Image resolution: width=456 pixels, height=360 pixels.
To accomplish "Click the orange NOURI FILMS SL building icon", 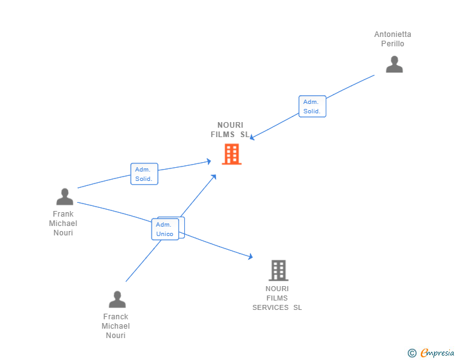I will click(x=231, y=154).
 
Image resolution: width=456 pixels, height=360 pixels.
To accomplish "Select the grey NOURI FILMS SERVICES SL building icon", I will click(x=278, y=270).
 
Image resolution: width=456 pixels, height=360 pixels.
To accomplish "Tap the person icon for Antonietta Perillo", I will click(x=394, y=64).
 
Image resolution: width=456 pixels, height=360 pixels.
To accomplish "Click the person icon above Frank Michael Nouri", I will click(x=65, y=197).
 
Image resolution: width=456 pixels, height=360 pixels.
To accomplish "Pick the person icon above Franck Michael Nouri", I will click(x=117, y=299).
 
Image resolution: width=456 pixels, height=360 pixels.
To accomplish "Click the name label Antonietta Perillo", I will click(x=393, y=39).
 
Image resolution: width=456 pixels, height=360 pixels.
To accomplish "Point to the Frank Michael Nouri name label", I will click(x=63, y=224).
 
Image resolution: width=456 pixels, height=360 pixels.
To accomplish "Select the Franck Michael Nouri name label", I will click(x=116, y=326).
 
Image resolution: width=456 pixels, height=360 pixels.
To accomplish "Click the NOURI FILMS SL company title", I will click(x=230, y=130).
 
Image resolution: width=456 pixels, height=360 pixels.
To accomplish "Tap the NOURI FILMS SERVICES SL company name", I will click(x=277, y=298).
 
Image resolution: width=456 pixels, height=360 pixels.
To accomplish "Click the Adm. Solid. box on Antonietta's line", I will click(x=312, y=106).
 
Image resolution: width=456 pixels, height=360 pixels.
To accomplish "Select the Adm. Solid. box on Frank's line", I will click(x=144, y=174).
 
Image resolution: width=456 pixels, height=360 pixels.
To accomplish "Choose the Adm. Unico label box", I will click(x=165, y=229).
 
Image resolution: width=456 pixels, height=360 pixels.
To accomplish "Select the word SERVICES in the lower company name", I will click(x=271, y=307).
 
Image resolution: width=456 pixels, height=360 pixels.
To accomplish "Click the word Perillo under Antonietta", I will click(x=393, y=44).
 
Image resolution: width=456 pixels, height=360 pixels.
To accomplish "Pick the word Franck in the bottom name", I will click(x=116, y=317).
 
